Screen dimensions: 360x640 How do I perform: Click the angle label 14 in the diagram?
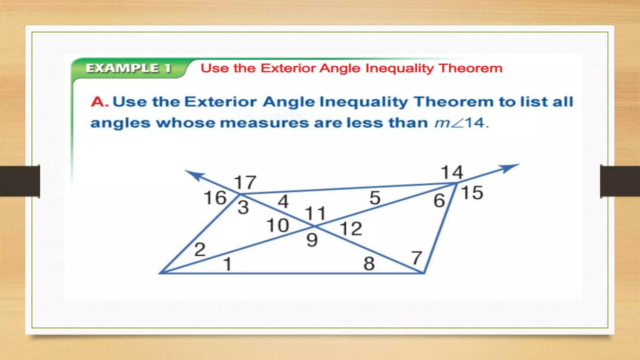(x=452, y=172)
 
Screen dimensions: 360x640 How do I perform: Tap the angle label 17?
(x=245, y=182)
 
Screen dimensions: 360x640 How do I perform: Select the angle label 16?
(x=215, y=198)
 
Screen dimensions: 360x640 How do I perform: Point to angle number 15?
(x=472, y=192)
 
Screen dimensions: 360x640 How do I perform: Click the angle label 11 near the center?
(x=315, y=214)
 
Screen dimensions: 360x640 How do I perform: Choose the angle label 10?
(x=277, y=225)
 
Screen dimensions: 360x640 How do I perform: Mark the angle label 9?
(x=312, y=240)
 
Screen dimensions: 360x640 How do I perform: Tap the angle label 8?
(x=369, y=263)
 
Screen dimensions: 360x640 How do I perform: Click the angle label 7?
(x=417, y=258)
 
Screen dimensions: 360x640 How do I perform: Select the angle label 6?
(x=439, y=200)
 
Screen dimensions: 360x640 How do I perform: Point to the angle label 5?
(x=375, y=198)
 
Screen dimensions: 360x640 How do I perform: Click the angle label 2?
(x=200, y=249)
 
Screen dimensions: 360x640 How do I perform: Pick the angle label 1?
(x=227, y=264)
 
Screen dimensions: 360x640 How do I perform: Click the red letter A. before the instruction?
(x=100, y=102)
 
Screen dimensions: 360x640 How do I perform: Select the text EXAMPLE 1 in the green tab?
(x=128, y=68)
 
